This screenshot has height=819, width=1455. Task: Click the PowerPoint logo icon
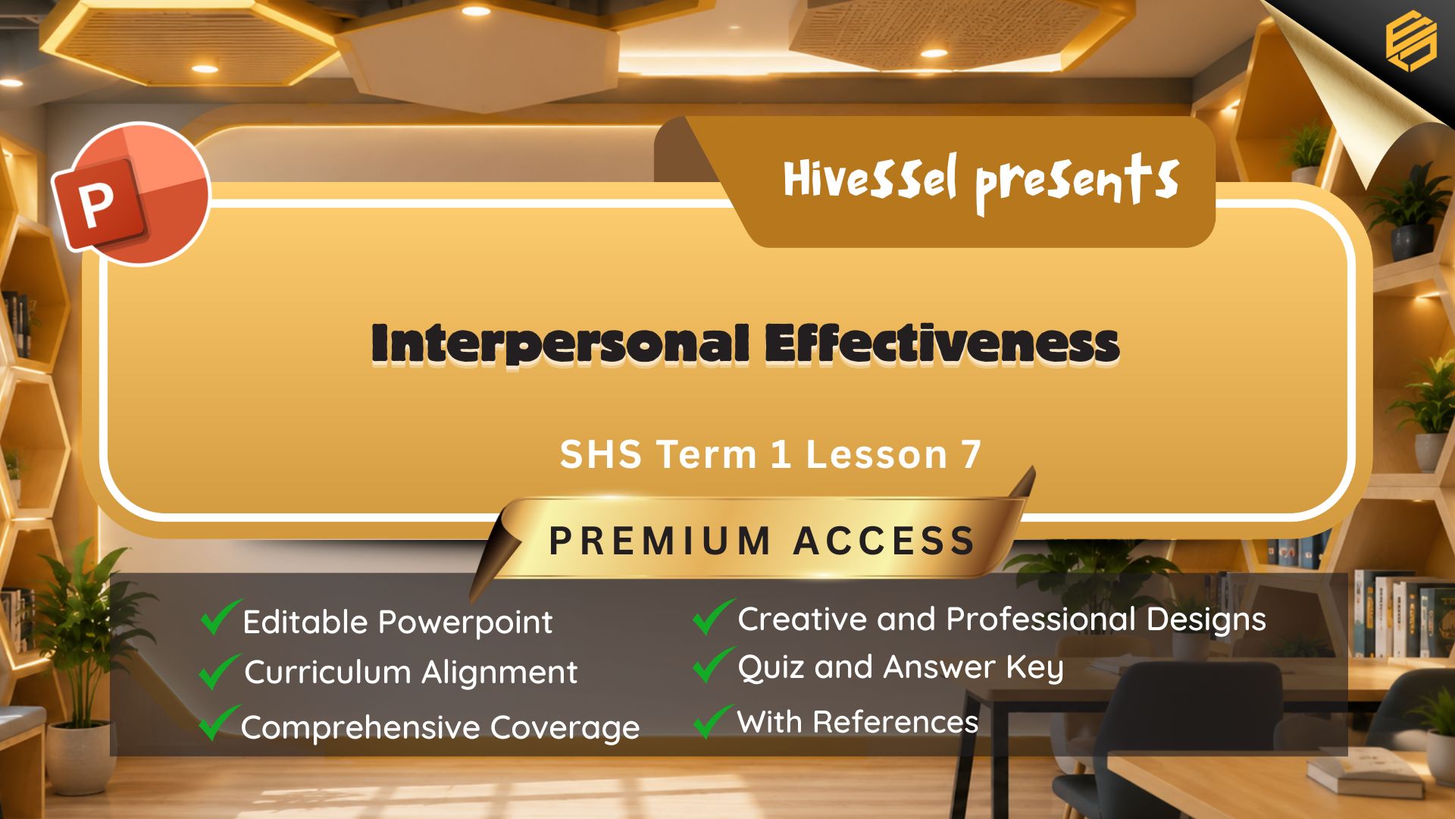pyautogui.click(x=130, y=193)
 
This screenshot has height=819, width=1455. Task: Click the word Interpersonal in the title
pyautogui.click(x=560, y=344)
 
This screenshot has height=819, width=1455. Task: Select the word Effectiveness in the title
pyautogui.click(x=941, y=344)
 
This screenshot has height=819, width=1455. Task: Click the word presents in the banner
pyautogui.click(x=1077, y=183)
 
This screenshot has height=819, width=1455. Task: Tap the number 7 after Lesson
pyautogui.click(x=971, y=454)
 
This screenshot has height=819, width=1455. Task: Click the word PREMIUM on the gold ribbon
pyautogui.click(x=660, y=541)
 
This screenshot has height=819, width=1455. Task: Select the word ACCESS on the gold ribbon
pyautogui.click(x=884, y=541)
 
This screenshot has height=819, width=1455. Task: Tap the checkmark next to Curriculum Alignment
pyautogui.click(x=219, y=671)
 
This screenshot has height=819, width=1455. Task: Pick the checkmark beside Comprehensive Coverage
pyautogui.click(x=219, y=723)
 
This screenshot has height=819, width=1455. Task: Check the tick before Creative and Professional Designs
pyautogui.click(x=713, y=617)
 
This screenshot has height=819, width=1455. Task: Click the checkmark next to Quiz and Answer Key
pyautogui.click(x=713, y=665)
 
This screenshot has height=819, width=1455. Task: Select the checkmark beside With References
pyautogui.click(x=713, y=721)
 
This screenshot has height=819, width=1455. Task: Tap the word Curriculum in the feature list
pyautogui.click(x=328, y=673)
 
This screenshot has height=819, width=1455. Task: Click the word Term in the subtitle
pyautogui.click(x=706, y=454)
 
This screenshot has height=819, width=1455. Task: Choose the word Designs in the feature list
pyautogui.click(x=1206, y=620)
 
